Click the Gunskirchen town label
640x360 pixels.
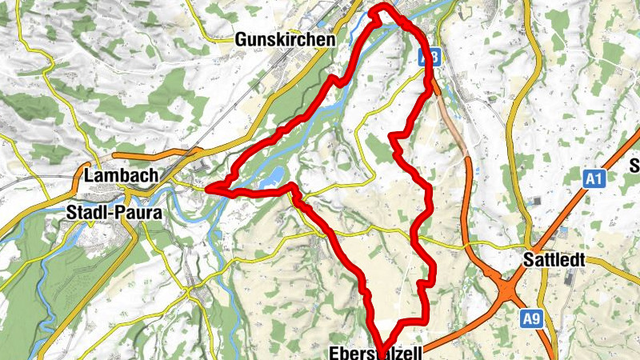pos(284,38)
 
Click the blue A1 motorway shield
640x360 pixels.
pos(593,179)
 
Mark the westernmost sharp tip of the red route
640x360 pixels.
pos(208,189)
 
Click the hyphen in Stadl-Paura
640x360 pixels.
pos(110,214)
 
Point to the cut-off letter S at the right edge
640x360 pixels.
pos(635,166)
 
